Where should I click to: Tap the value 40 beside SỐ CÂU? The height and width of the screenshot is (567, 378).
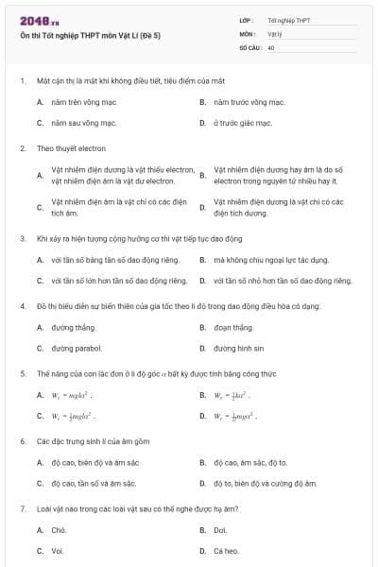271,46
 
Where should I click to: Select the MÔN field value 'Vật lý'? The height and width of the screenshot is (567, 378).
275,33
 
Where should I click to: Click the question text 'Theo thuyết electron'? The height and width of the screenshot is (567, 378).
71,148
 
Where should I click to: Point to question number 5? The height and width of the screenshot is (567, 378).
23,373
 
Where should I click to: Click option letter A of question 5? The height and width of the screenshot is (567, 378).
40,394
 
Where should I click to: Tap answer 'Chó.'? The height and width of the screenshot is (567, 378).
59,530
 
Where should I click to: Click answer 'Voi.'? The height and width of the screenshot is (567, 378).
58,551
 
